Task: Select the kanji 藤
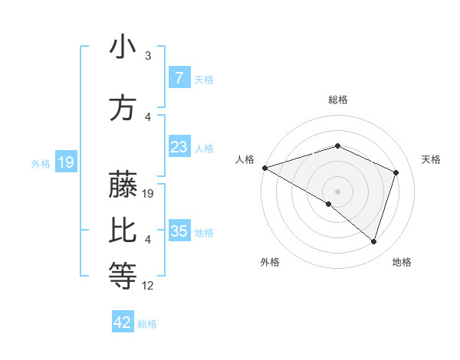(123, 186)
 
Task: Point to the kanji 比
(123, 231)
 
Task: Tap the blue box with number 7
(179, 77)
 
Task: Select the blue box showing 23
(179, 147)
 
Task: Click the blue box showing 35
(179, 231)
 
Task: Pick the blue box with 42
(123, 322)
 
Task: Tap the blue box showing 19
(65, 162)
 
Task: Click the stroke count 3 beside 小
(148, 56)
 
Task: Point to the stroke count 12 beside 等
(149, 286)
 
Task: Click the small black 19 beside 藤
(149, 194)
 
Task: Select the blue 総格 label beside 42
(147, 324)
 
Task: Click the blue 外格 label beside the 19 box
(41, 162)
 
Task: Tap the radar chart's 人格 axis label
(245, 159)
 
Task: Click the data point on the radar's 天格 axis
(396, 172)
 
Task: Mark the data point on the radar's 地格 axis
(373, 241)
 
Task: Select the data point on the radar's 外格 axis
(329, 204)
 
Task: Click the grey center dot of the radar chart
(337, 191)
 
